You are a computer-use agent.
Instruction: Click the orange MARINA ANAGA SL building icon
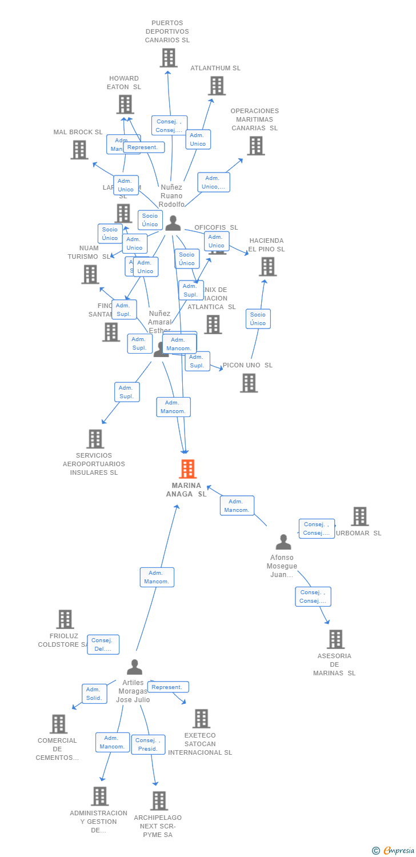click(x=187, y=469)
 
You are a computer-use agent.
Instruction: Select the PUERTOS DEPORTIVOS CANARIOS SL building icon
click(x=168, y=58)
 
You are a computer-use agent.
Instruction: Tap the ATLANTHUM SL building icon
click(x=217, y=86)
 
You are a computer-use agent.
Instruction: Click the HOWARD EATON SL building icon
click(x=125, y=104)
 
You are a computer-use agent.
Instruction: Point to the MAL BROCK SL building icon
click(x=79, y=150)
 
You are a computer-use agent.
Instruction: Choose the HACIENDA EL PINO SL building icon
click(x=267, y=266)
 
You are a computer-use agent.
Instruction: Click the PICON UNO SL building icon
click(x=249, y=383)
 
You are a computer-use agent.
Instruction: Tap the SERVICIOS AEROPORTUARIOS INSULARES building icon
click(x=95, y=439)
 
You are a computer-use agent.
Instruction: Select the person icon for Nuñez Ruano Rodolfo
click(x=173, y=223)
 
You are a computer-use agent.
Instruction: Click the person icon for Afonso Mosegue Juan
click(x=283, y=542)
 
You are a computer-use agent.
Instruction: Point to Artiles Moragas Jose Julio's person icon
click(x=134, y=667)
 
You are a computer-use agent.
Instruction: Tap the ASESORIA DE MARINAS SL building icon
click(x=335, y=639)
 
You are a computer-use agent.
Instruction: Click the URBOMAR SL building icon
click(x=359, y=516)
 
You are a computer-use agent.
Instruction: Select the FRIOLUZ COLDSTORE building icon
click(x=65, y=619)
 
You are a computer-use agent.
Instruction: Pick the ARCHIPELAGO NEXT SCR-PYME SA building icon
click(x=159, y=800)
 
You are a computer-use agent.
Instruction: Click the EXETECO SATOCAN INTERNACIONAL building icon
click(x=201, y=719)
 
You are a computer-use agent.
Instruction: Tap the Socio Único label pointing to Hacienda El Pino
click(x=258, y=319)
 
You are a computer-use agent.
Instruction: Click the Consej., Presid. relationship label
click(x=148, y=744)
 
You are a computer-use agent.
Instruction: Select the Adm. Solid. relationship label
click(x=94, y=694)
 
